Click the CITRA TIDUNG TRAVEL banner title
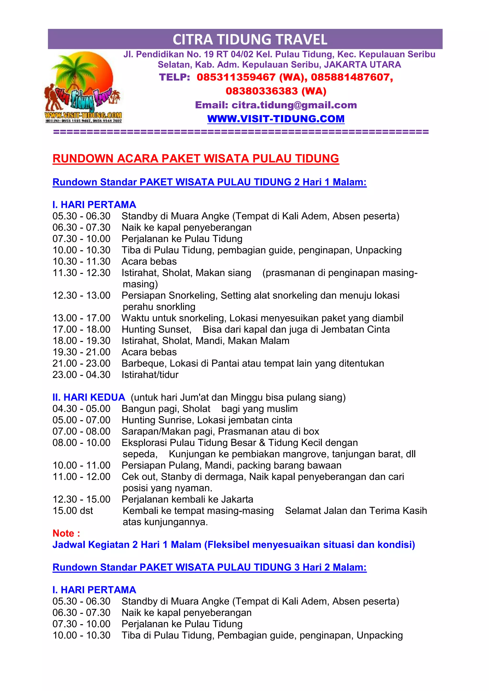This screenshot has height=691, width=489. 250,39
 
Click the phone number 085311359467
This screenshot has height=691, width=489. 236,77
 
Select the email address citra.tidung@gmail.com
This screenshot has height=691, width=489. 294,105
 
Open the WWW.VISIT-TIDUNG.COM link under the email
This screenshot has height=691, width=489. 276,119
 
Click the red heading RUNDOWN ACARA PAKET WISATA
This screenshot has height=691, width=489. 196,159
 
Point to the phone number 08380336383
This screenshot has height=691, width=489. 262,91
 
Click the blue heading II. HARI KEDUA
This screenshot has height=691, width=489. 89,397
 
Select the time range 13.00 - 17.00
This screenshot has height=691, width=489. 81,318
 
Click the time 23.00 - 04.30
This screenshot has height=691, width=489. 81,375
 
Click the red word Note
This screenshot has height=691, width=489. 66,533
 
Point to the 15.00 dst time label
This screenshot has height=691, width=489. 73,511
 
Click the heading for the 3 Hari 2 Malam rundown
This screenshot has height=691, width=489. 209,567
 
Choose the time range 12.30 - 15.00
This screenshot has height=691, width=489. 81,499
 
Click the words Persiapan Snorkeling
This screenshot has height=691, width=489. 169,296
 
